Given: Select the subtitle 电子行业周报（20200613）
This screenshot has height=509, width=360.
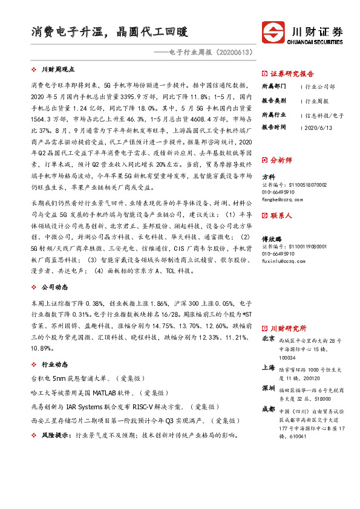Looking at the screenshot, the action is pyautogui.click(x=205, y=53).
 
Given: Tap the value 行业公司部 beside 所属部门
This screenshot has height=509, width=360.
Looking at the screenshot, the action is pyautogui.click(x=320, y=86).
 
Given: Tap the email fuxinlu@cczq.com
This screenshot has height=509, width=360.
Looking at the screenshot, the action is pyautogui.click(x=284, y=261).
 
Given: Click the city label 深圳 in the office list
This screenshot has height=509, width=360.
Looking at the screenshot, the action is pyautogui.click(x=267, y=387).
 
